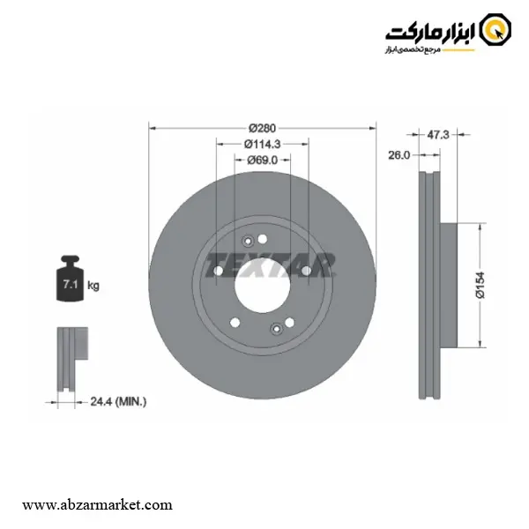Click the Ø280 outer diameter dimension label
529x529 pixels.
coord(262,128)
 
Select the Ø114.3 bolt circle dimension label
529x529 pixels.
coord(262,144)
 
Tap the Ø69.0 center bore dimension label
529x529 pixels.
coord(262,160)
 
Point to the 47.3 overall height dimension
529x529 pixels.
coord(438,135)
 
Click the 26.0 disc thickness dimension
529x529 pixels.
coord(399,155)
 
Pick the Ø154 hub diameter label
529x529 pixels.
coord(481,285)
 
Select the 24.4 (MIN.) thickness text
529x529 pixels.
coord(118,401)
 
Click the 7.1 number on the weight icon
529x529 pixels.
coord(71,285)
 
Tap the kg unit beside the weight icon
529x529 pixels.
coord(93,286)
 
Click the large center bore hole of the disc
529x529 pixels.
coord(262,286)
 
